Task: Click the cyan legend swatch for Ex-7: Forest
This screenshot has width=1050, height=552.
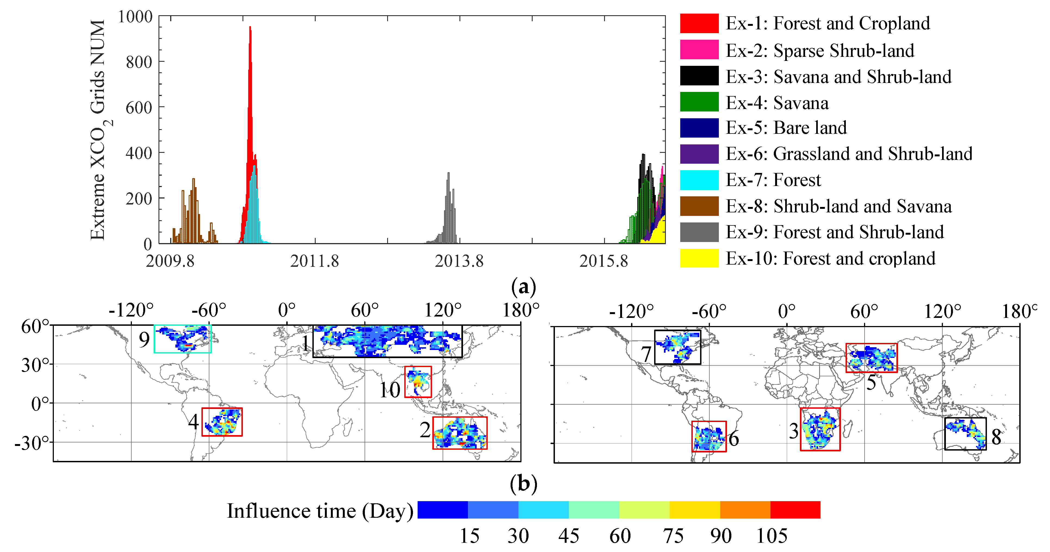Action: click(699, 180)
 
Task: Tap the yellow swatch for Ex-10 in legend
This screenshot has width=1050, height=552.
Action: click(699, 258)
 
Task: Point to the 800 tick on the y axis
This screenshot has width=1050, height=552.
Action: click(139, 62)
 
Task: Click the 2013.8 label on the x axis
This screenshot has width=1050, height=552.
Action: click(459, 261)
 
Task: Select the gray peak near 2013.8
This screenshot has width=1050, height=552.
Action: click(448, 175)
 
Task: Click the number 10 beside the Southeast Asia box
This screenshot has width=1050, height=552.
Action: click(390, 390)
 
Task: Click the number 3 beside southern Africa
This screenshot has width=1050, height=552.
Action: click(793, 431)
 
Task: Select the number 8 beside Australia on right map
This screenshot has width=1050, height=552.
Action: click(996, 437)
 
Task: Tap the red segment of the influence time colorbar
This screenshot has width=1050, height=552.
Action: click(795, 510)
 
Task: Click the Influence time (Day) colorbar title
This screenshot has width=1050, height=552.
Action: click(320, 511)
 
